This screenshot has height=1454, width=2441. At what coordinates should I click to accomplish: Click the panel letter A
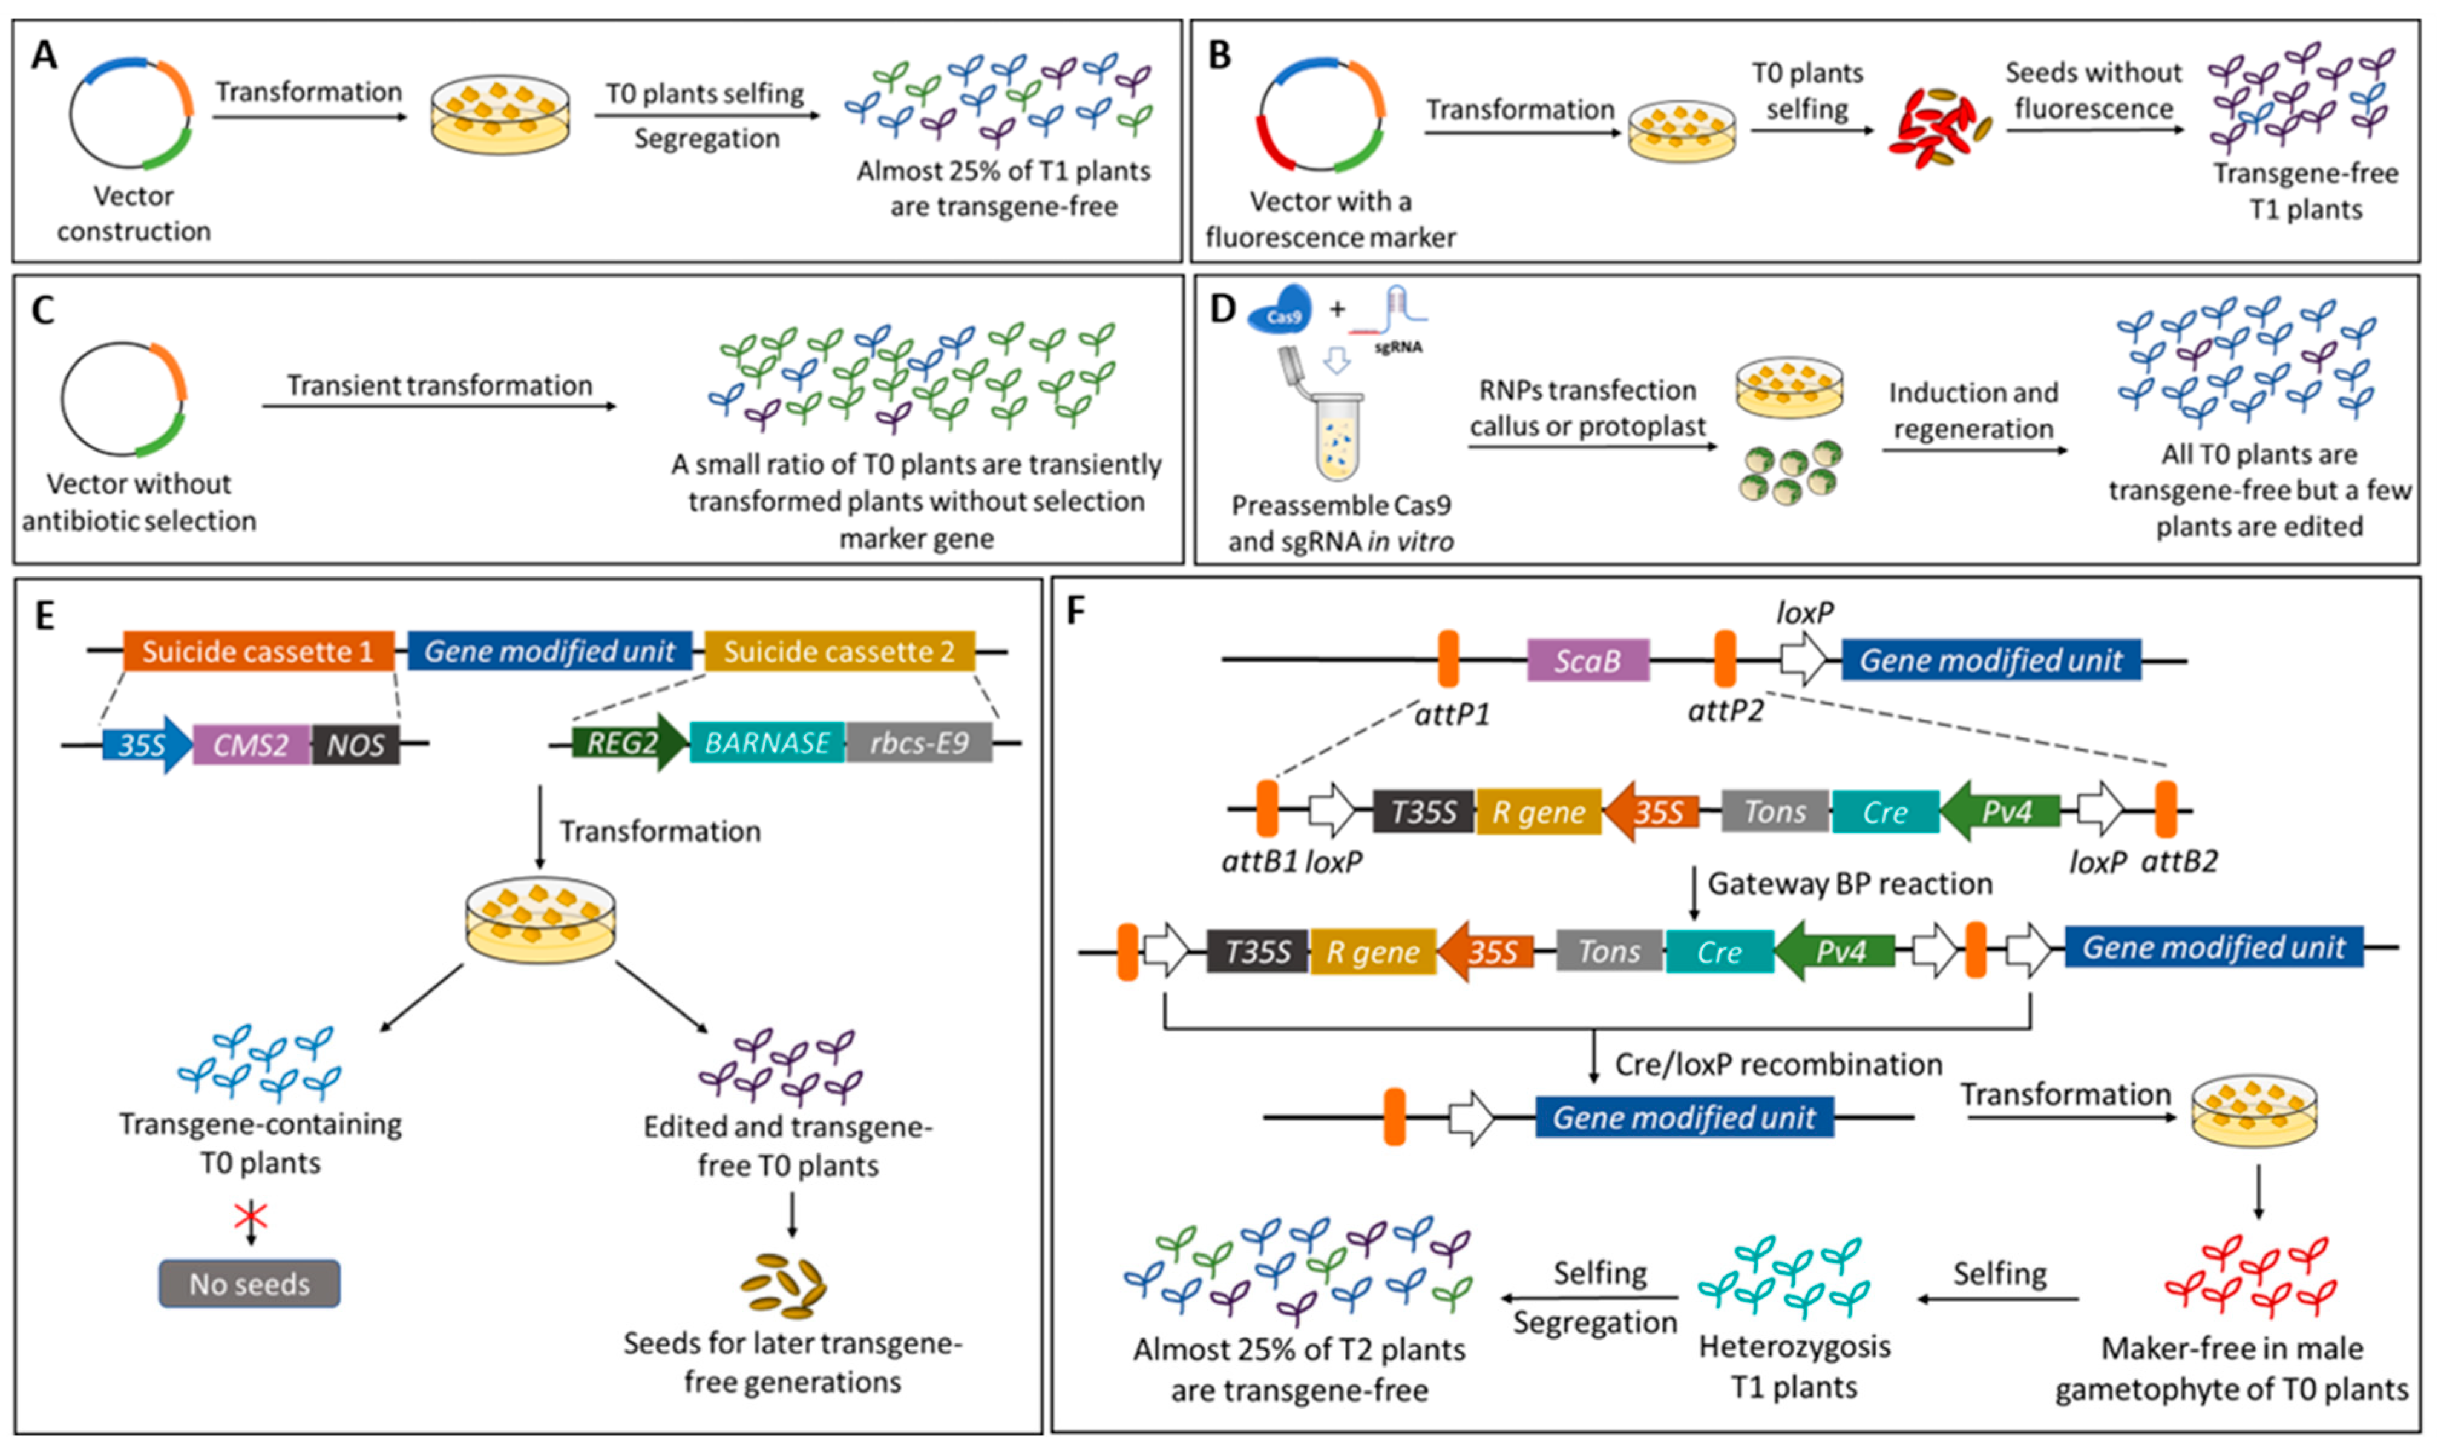click(x=44, y=55)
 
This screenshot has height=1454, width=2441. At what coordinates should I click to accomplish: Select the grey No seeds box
click(x=250, y=1283)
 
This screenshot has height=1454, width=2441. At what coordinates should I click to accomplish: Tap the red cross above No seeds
click(x=251, y=1217)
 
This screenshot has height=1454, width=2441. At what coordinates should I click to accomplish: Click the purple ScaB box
click(x=1587, y=660)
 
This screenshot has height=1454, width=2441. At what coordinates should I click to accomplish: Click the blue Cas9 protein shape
click(x=1282, y=313)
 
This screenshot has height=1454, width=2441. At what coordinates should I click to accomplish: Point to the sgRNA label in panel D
click(x=1398, y=347)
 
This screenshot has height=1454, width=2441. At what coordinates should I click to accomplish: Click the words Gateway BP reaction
click(x=1849, y=884)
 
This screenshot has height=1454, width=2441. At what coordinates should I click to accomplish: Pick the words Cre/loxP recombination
click(x=1778, y=1064)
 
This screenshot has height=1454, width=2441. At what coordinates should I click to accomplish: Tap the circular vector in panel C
click(x=123, y=399)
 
